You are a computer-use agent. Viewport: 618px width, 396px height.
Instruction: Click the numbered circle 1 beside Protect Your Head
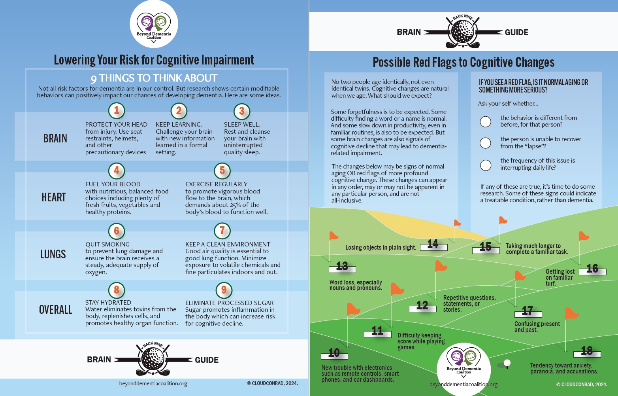pos(117,110)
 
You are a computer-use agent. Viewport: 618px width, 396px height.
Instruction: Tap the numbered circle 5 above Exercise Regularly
pos(222,171)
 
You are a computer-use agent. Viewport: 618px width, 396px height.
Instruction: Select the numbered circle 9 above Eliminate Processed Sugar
pos(224,290)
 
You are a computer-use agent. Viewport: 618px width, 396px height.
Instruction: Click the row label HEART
pos(54,197)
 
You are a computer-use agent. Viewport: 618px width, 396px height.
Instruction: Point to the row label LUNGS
pos(53,254)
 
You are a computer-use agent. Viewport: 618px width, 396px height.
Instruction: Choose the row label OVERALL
pos(55,310)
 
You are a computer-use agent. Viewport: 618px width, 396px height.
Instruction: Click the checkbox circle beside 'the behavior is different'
pos(485,121)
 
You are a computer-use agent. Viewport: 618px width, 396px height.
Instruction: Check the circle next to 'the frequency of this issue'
pos(486,165)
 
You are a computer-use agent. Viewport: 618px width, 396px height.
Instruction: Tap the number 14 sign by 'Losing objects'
pos(433,245)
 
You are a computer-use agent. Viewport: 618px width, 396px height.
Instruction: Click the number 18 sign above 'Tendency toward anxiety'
pos(587,352)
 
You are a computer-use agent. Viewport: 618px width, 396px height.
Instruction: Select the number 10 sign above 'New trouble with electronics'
pos(334,354)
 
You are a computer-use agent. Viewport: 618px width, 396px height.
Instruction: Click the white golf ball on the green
pos(507,363)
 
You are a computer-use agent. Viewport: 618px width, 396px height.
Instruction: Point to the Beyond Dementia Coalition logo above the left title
pos(154,24)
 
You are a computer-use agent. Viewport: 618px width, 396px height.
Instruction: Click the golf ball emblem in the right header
pos(463,32)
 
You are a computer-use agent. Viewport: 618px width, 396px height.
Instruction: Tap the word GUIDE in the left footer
pos(207,360)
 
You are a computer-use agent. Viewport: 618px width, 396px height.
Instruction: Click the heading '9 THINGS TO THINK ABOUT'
pos(154,78)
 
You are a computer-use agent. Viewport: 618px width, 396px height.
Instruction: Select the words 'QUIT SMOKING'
pos(107,244)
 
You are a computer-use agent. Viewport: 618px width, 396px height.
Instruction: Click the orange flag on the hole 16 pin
pos(583,236)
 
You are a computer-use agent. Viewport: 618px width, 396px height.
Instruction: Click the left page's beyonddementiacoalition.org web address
pos(153,383)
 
